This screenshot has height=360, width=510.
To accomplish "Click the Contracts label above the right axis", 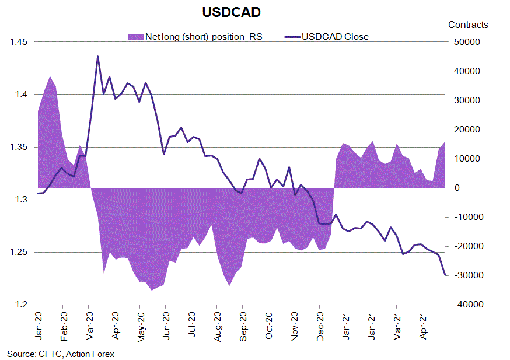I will tap(468, 25).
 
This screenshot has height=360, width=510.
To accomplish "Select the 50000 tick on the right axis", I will tap(462, 42).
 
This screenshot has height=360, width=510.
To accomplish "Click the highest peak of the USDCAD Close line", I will tap(97, 56).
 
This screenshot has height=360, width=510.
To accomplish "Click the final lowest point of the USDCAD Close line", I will tap(445, 275).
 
